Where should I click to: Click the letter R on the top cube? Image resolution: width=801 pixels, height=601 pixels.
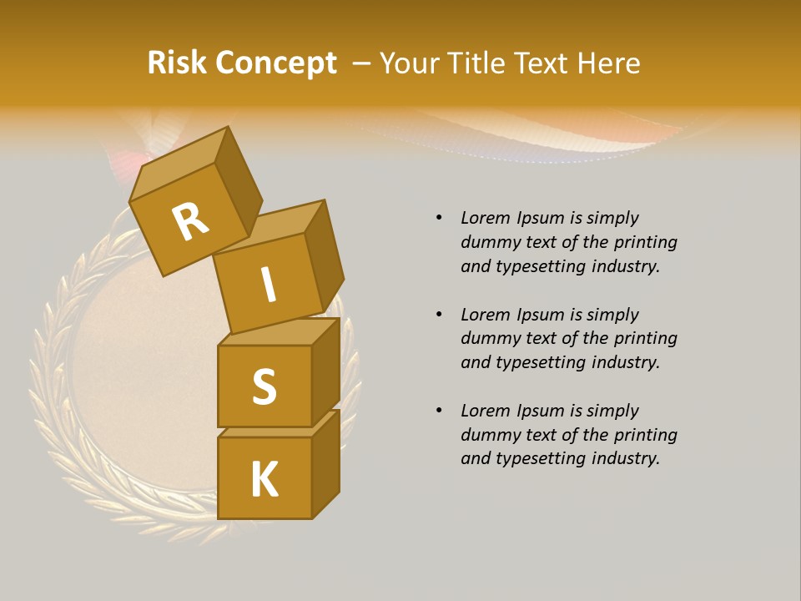(190, 221)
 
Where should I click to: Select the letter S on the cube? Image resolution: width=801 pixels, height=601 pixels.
(264, 386)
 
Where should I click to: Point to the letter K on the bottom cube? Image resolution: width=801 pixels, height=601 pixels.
(264, 480)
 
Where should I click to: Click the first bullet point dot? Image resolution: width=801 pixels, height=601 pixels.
(439, 218)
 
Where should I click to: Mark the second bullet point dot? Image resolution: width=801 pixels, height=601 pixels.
(439, 315)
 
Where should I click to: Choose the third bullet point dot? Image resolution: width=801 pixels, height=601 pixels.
(439, 411)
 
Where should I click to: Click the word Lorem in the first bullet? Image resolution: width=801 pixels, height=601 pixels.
(485, 218)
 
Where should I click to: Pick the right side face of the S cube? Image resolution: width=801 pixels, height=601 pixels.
(325, 371)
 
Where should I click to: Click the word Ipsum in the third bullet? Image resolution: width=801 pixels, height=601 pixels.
(538, 412)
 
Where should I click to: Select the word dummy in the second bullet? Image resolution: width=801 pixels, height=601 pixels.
(490, 339)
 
